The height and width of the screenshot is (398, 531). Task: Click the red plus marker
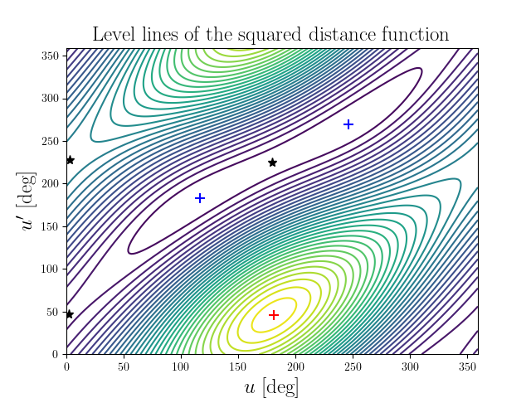click(273, 315)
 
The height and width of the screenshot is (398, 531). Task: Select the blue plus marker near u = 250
click(348, 124)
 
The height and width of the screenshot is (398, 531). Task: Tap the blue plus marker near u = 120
click(200, 198)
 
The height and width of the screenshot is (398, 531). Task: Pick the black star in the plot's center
click(272, 163)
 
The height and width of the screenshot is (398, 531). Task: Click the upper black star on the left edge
click(70, 160)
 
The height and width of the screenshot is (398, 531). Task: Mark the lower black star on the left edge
click(70, 314)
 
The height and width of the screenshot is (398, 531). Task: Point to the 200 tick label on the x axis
click(181, 365)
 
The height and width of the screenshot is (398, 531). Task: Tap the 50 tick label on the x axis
click(124, 365)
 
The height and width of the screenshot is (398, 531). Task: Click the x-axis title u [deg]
click(271, 386)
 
